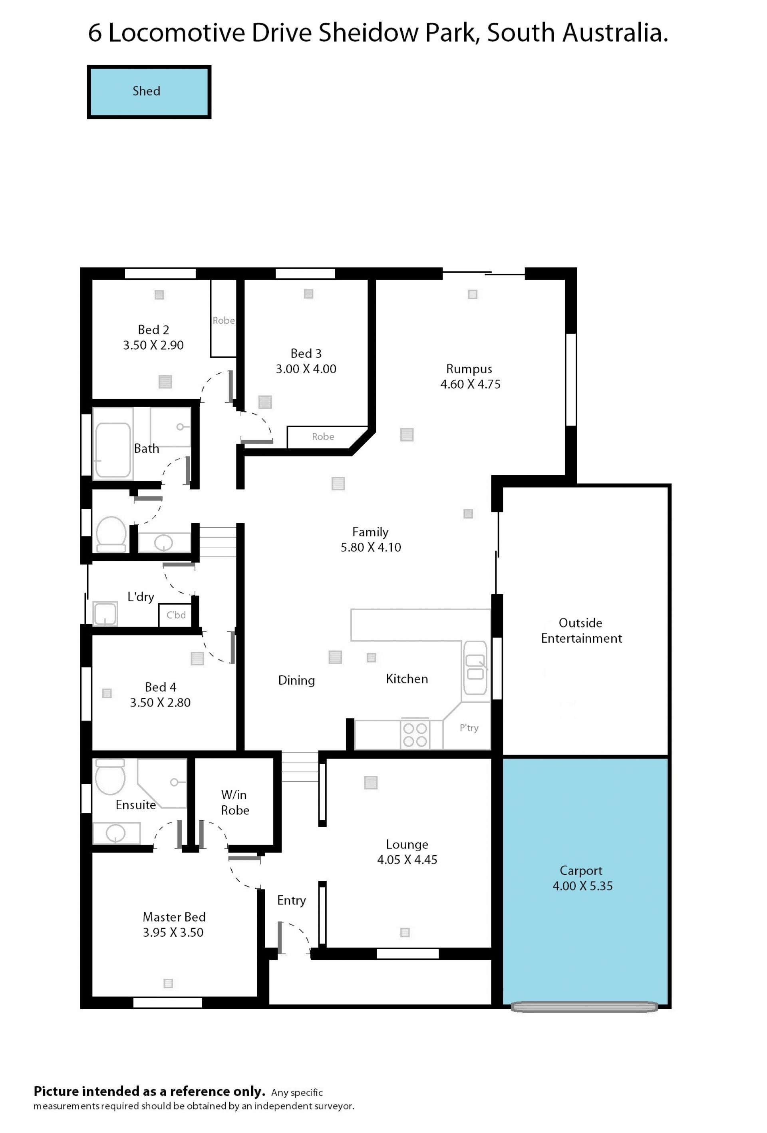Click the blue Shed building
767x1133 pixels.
click(149, 92)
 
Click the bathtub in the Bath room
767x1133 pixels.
click(113, 450)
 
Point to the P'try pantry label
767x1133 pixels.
click(469, 728)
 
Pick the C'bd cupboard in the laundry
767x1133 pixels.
click(176, 615)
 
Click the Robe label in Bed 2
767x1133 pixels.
click(223, 320)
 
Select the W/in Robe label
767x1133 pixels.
click(235, 802)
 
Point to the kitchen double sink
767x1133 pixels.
click(475, 667)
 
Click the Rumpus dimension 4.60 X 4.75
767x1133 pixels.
click(470, 384)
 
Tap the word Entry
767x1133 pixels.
click(291, 900)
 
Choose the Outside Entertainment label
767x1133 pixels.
click(581, 630)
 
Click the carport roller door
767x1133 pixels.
click(584, 1007)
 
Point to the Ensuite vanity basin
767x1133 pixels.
click(116, 833)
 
